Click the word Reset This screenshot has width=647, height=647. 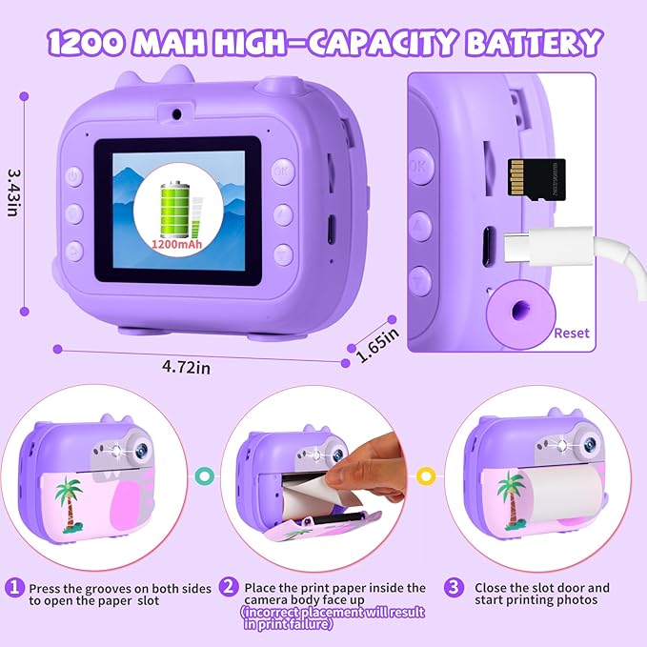point(571,334)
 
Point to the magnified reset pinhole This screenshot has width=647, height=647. point(516,312)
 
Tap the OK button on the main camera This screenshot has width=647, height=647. point(282,172)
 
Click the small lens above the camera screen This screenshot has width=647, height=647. point(178,112)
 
